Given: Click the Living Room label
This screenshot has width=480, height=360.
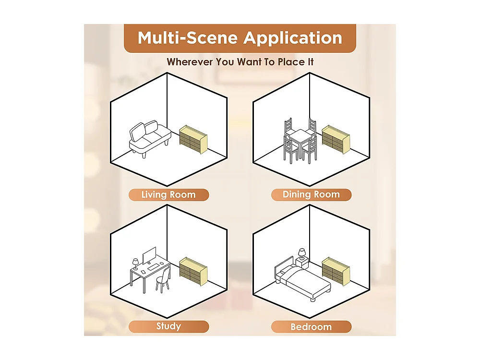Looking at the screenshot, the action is [168, 195].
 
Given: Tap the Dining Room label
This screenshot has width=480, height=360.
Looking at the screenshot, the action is [311, 195].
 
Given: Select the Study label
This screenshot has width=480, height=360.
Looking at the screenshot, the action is [168, 326].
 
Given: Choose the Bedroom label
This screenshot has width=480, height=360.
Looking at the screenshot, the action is [311, 326].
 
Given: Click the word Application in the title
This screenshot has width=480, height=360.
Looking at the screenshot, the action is [293, 38].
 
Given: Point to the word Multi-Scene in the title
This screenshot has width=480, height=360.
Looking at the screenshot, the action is [188, 38].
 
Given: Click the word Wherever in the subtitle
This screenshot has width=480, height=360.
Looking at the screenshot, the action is [190, 62].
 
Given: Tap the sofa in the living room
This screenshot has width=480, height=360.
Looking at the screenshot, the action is [150, 139].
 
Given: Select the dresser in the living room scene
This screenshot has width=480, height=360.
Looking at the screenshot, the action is [193, 139].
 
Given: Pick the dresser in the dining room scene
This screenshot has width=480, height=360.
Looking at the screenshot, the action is [336, 139].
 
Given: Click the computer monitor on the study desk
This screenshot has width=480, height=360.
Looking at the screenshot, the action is [149, 255].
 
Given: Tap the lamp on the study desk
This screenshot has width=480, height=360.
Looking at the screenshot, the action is [135, 264].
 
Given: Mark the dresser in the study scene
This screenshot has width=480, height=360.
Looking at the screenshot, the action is [193, 271].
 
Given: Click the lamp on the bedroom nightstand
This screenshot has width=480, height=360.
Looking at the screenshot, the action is [302, 254].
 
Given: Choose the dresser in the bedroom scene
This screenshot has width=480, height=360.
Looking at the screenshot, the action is [336, 271].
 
